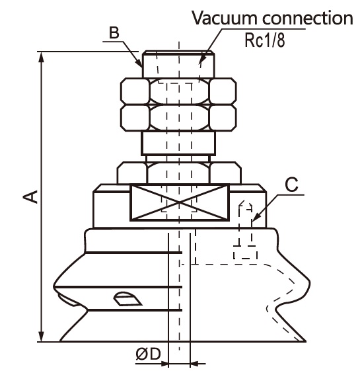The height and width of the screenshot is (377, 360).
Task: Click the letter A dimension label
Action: tap(30, 196)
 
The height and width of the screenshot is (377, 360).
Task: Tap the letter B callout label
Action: tap(114, 32)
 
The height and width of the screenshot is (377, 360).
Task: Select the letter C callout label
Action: tap(291, 185)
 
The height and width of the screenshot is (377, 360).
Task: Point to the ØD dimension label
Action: tap(148, 354)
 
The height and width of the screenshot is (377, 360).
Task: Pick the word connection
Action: tap(308, 19)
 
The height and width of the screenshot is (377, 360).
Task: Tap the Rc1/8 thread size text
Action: tap(265, 40)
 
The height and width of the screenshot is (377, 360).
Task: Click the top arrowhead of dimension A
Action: tap(42, 58)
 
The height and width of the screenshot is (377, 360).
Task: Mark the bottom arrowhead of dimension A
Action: tap(42, 335)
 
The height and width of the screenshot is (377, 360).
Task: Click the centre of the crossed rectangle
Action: tap(180, 202)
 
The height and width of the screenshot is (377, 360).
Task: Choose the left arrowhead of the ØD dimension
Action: tap(164, 363)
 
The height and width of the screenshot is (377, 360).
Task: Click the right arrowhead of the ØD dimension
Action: tap(195, 363)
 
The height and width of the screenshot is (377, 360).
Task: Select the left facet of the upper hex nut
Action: tap(135, 91)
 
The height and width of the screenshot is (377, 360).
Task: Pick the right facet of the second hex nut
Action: tap(223, 118)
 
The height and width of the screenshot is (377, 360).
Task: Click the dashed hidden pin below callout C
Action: tap(245, 231)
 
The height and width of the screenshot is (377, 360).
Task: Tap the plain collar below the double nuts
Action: tap(178, 143)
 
